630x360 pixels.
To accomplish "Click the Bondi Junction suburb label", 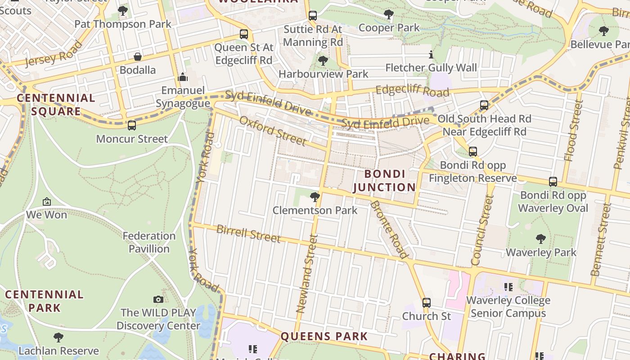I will pyautogui.click(x=384, y=180).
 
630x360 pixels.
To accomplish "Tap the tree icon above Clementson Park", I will pyautogui.click(x=315, y=197).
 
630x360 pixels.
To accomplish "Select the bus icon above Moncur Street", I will pyautogui.click(x=131, y=126).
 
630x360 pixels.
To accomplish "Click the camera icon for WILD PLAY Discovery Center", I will pyautogui.click(x=158, y=299).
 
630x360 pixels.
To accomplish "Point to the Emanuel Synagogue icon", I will pyautogui.click(x=182, y=77).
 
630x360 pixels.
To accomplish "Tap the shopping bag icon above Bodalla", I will pyautogui.click(x=138, y=57).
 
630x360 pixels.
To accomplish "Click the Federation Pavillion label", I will pyautogui.click(x=149, y=242).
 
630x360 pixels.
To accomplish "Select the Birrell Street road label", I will pyautogui.click(x=248, y=233).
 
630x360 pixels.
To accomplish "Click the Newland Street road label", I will pyautogui.click(x=307, y=274).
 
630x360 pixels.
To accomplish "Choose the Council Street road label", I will pyautogui.click(x=482, y=230).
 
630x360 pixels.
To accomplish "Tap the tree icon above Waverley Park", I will pyautogui.click(x=541, y=238).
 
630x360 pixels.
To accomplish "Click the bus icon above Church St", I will pyautogui.click(x=426, y=303).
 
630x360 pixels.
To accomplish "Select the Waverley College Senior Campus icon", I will pyautogui.click(x=508, y=287).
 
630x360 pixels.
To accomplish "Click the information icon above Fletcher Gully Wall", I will pyautogui.click(x=431, y=55).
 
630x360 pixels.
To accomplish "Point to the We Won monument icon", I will pyautogui.click(x=46, y=202).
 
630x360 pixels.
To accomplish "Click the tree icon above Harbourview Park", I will pyautogui.click(x=323, y=60).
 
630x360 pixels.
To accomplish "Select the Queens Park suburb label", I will pyautogui.click(x=324, y=336).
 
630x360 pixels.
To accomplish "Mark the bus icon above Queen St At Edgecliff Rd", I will pyautogui.click(x=243, y=34).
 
